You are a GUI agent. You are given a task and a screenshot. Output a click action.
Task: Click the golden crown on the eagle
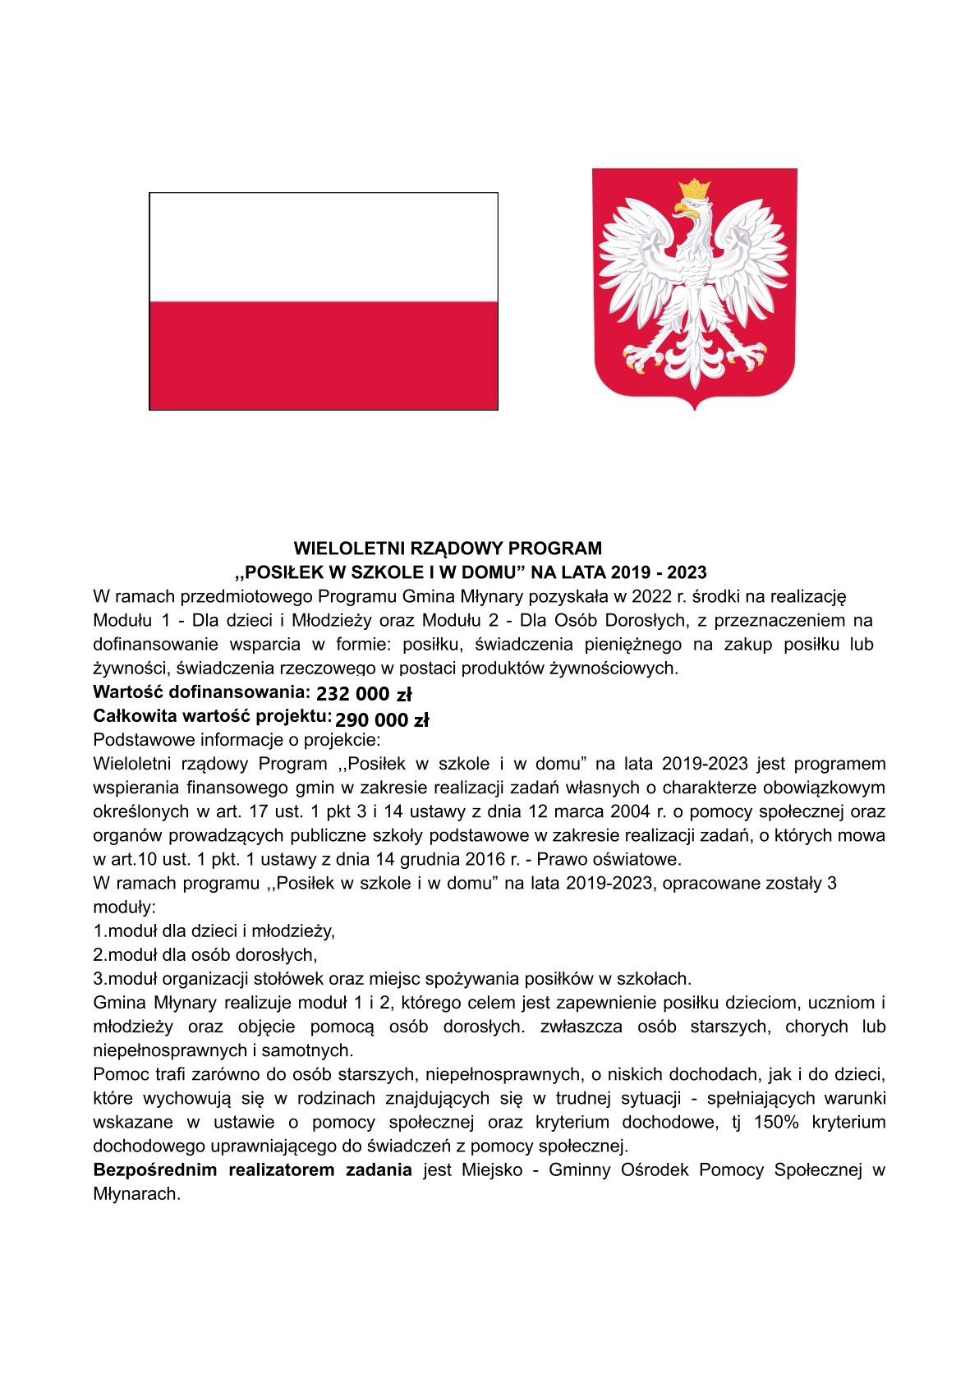[695, 188]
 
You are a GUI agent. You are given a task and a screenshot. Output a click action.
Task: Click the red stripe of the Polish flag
[324, 354]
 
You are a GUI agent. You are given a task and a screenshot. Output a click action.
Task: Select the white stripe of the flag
[324, 246]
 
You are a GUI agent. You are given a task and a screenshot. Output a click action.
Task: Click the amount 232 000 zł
[364, 694]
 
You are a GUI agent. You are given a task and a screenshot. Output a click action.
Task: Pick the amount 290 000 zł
[382, 720]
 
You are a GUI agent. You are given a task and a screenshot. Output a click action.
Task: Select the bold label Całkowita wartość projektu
[213, 716]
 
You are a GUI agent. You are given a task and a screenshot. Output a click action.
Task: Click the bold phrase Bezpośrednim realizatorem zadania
[253, 1169]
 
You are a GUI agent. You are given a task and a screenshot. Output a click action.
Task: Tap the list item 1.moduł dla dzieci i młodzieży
[214, 931]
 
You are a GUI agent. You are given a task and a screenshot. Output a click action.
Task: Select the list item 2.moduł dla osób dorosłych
[205, 955]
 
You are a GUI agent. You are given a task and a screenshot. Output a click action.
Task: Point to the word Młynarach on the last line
[136, 1193]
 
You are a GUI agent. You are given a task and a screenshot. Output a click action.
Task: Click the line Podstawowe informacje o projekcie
[232, 740]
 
